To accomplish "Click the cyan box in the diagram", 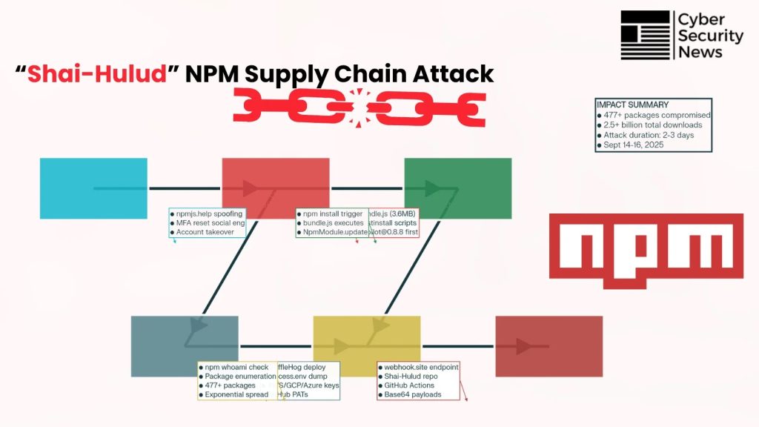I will [93, 188].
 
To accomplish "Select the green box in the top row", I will [457, 188].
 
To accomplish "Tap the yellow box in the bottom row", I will [366, 346].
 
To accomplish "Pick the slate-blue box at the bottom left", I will [185, 346].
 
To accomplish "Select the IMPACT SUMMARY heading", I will [632, 105].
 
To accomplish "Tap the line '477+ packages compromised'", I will [655, 116].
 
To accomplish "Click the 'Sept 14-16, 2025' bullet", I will [634, 145].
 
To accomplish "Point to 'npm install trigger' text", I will [332, 214].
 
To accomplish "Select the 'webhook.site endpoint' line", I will [421, 367].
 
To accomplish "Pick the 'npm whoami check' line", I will [236, 367].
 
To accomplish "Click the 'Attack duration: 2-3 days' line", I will [649, 136].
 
